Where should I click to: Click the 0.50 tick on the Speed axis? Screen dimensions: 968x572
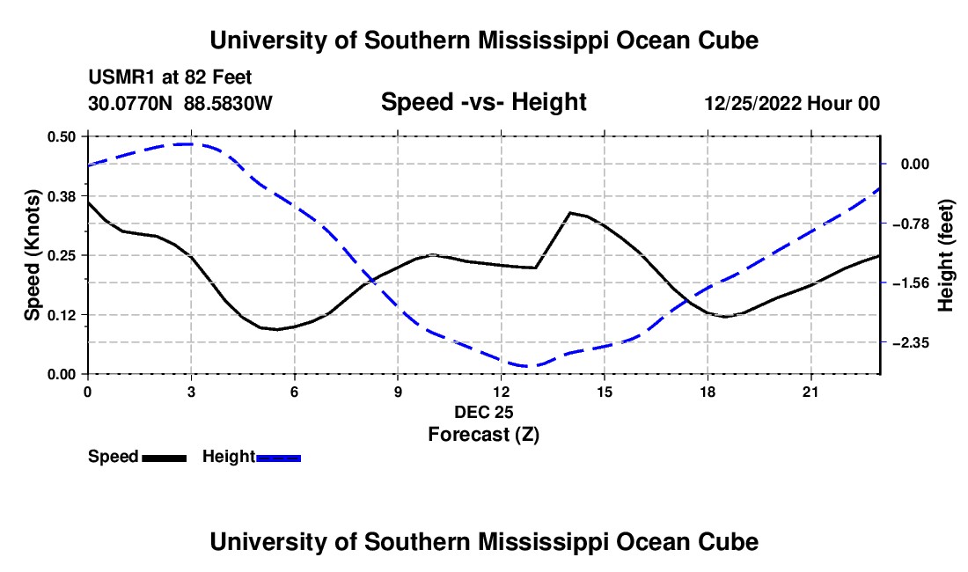[62, 136]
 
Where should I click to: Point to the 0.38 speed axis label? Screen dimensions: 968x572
[62, 196]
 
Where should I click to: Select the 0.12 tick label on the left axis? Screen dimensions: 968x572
[62, 315]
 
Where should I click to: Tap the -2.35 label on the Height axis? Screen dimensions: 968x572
[911, 342]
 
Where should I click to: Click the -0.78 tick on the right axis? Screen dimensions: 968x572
[911, 224]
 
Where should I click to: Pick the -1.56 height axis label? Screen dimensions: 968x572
[911, 283]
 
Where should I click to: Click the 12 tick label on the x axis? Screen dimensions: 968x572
[502, 392]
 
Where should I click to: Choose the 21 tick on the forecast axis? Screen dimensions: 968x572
[810, 392]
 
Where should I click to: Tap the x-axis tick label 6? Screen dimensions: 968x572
[295, 392]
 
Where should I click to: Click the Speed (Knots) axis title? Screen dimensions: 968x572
[32, 255]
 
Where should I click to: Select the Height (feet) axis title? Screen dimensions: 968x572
[945, 255]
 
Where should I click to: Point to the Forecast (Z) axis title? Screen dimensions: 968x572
[484, 435]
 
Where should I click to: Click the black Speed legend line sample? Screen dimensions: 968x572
[165, 458]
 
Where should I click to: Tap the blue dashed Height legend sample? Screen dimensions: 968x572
[278, 458]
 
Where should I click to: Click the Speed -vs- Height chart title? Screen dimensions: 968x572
[484, 102]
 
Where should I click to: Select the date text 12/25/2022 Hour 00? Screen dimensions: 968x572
[793, 103]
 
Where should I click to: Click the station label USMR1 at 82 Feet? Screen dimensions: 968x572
[170, 77]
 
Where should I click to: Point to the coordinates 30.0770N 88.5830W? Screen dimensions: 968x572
[180, 103]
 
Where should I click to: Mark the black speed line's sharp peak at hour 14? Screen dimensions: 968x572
[570, 213]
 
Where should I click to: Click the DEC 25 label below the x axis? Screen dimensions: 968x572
[484, 412]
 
